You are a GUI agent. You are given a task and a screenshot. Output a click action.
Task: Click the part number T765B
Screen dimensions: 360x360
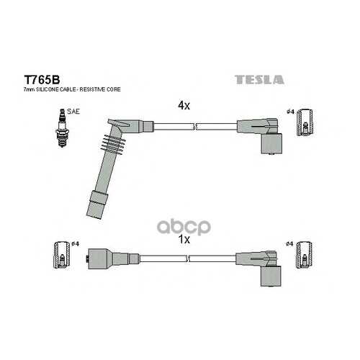tap(42, 80)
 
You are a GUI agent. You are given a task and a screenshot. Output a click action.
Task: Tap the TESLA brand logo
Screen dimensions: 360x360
tap(259, 80)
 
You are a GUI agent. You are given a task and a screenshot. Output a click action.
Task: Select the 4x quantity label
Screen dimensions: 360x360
tap(184, 105)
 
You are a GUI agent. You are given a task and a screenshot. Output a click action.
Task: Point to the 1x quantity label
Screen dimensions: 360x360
tap(184, 239)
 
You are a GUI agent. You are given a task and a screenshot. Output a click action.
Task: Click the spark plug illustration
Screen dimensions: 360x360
tap(62, 127)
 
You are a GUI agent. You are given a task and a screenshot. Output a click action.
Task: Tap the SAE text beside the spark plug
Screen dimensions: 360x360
tap(73, 112)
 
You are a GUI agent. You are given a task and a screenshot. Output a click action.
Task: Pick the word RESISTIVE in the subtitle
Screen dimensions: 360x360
tap(93, 89)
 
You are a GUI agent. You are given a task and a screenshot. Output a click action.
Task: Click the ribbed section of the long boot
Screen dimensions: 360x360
tap(112, 143)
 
